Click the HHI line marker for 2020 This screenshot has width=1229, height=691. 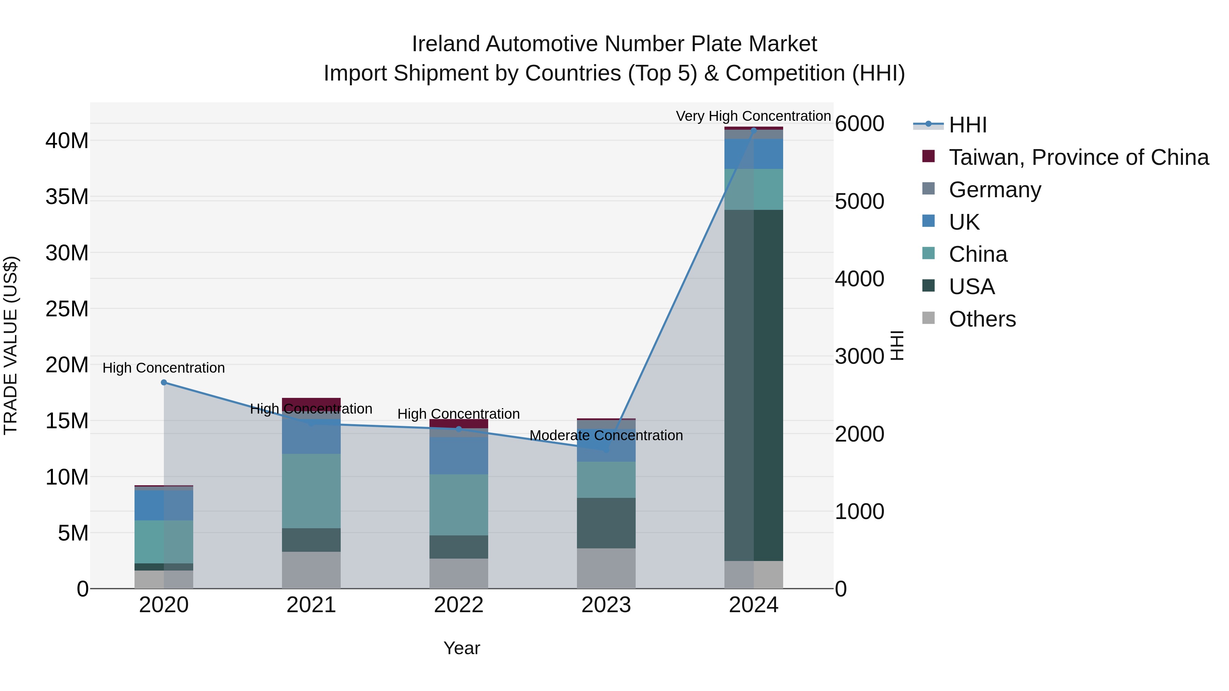tap(164, 383)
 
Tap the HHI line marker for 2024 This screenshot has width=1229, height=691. tap(754, 130)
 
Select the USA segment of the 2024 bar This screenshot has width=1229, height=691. tap(754, 385)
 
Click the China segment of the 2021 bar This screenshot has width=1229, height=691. tap(311, 491)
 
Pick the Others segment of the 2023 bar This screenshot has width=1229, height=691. tap(606, 568)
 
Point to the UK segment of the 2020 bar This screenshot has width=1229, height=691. tap(164, 505)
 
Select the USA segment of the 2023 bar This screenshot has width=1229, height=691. tap(606, 523)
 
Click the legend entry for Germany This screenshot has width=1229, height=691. tap(995, 190)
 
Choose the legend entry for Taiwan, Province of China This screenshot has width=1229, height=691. tap(1078, 157)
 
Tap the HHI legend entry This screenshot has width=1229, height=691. tap(967, 125)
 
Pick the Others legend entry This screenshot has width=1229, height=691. tap(982, 319)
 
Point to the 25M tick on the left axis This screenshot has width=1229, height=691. tap(67, 309)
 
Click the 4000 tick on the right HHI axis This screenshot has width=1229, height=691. tap(859, 279)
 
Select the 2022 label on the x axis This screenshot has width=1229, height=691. tap(458, 605)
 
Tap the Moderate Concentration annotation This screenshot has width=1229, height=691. tap(606, 435)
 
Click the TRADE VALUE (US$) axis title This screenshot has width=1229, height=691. tap(11, 345)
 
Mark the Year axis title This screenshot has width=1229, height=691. tap(461, 648)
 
